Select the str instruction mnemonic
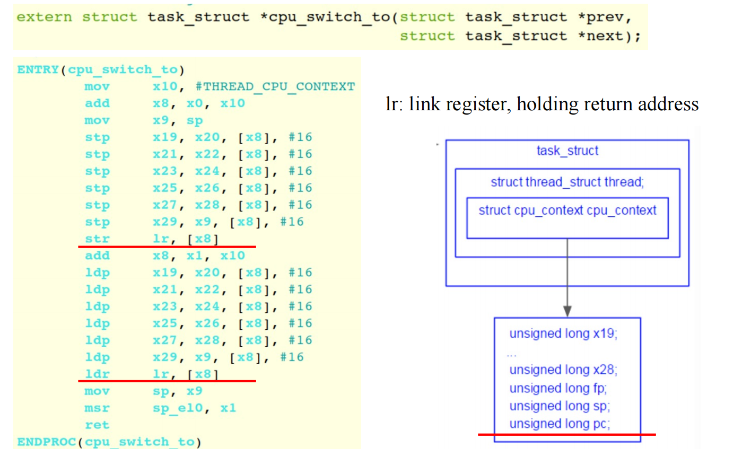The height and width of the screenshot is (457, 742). coord(97,239)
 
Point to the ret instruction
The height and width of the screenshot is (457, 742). coord(97,425)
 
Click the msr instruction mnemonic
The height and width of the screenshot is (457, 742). coord(97,408)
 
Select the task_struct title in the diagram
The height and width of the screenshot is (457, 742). coord(567,151)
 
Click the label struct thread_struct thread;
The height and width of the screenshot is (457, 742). coord(567,182)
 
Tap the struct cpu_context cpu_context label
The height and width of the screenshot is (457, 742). coord(567,210)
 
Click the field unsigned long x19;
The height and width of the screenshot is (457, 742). coord(563,334)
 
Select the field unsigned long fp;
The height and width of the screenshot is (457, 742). coord(558,388)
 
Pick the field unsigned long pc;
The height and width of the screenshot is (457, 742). coord(560,424)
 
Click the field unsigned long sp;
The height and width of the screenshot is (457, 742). coord(560,406)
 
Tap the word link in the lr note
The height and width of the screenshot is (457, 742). coord(429,104)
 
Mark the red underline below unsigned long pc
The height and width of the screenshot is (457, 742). coord(566,435)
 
